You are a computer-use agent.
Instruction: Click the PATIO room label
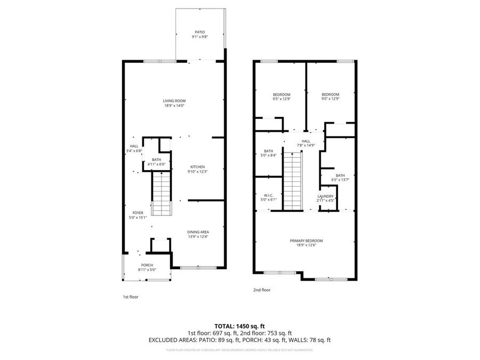(199, 32)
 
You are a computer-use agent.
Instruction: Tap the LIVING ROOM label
(174, 101)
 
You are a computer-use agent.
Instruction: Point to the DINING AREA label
(197, 231)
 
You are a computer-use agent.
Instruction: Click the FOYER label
(138, 213)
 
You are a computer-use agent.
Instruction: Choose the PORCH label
(147, 265)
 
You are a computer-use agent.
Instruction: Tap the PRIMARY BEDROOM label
(306, 241)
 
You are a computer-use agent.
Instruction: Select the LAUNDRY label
(325, 196)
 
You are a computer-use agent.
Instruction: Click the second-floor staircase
(292, 181)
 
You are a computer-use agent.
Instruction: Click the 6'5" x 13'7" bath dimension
(340, 180)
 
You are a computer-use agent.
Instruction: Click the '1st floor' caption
(130, 297)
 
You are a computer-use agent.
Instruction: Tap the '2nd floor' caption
(261, 290)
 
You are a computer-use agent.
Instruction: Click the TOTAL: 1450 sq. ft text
(239, 325)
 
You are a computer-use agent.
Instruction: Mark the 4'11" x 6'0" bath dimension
(156, 164)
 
